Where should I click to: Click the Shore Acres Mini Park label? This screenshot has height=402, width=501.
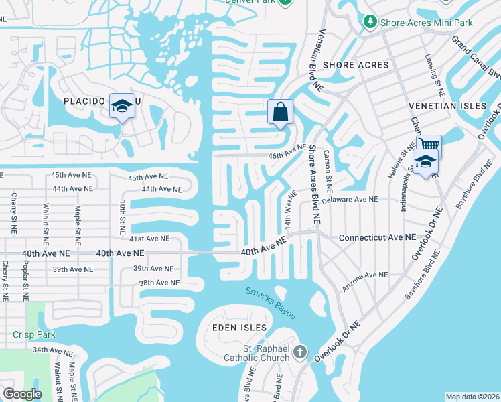(427, 23)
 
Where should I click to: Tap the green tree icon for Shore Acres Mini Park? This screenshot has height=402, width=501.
(370, 23)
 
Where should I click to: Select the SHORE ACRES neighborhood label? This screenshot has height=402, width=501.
(356, 65)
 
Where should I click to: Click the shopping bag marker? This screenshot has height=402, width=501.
(280, 112)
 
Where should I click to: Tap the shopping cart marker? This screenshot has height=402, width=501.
(429, 145)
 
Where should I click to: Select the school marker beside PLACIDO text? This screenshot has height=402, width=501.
(122, 106)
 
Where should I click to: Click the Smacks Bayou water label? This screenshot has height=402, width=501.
(270, 303)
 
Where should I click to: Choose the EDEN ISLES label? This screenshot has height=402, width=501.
(240, 328)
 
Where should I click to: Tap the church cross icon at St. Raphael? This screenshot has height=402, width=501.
(300, 352)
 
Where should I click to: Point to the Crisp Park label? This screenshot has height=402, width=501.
(34, 334)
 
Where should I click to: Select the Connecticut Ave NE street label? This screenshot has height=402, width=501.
(377, 238)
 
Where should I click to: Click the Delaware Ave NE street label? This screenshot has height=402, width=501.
(349, 200)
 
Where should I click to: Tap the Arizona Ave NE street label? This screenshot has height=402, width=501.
(365, 275)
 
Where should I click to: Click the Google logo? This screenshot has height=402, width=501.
(22, 394)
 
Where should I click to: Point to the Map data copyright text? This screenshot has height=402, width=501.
(472, 397)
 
